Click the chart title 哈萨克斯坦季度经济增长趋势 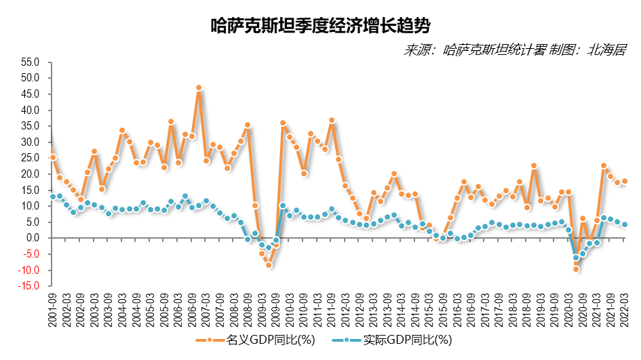coord(320,26)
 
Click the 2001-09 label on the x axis coord(53,309)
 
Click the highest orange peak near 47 coord(199,88)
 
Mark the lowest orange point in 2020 coord(576,269)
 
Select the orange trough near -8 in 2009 coord(269,265)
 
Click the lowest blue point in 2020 coord(576,258)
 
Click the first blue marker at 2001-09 coord(53,197)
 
